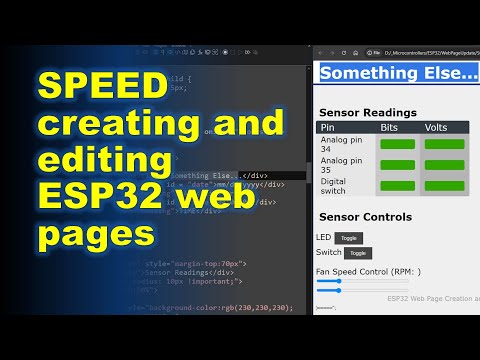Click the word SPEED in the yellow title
[99, 89]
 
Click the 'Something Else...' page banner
[398, 73]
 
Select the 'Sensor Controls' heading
[365, 217]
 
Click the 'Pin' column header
[328, 127]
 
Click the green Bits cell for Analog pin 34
[397, 145]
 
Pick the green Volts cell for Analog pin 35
[442, 166]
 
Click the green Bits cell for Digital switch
[397, 186]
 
